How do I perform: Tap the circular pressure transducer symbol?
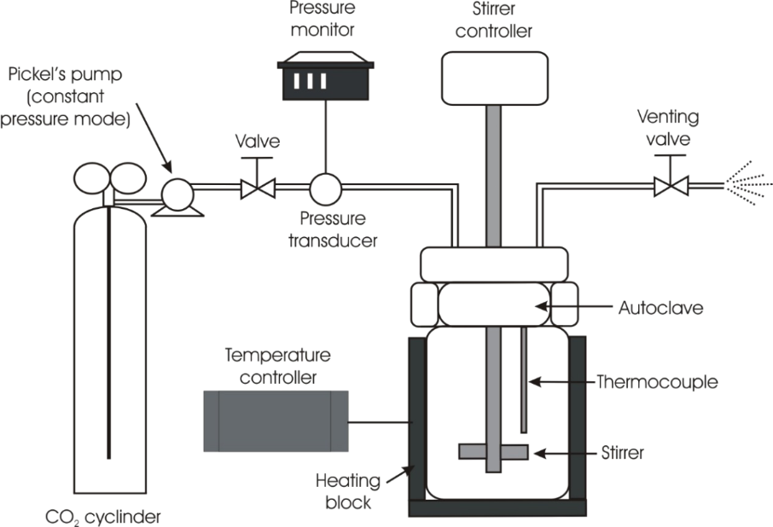(x=325, y=187)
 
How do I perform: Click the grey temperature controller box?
(x=275, y=420)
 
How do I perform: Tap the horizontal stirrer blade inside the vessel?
(x=493, y=450)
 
